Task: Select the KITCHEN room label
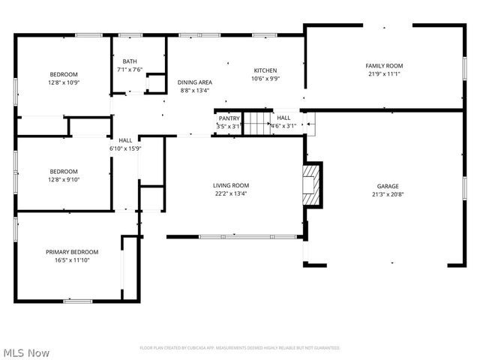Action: (265, 70)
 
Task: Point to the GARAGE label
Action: (388, 186)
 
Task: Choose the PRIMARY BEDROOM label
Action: (72, 252)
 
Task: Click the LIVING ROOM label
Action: (230, 185)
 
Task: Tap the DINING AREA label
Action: (194, 82)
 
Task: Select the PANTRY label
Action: (229, 118)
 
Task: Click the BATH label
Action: (130, 61)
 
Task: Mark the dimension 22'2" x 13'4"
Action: (230, 193)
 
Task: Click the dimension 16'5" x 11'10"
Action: (72, 260)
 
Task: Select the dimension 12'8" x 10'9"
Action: (64, 82)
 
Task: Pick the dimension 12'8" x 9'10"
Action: (64, 179)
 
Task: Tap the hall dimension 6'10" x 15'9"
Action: (125, 148)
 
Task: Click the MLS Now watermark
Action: (26, 352)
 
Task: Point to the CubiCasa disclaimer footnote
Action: (240, 348)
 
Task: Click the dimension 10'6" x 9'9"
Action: (265, 78)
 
